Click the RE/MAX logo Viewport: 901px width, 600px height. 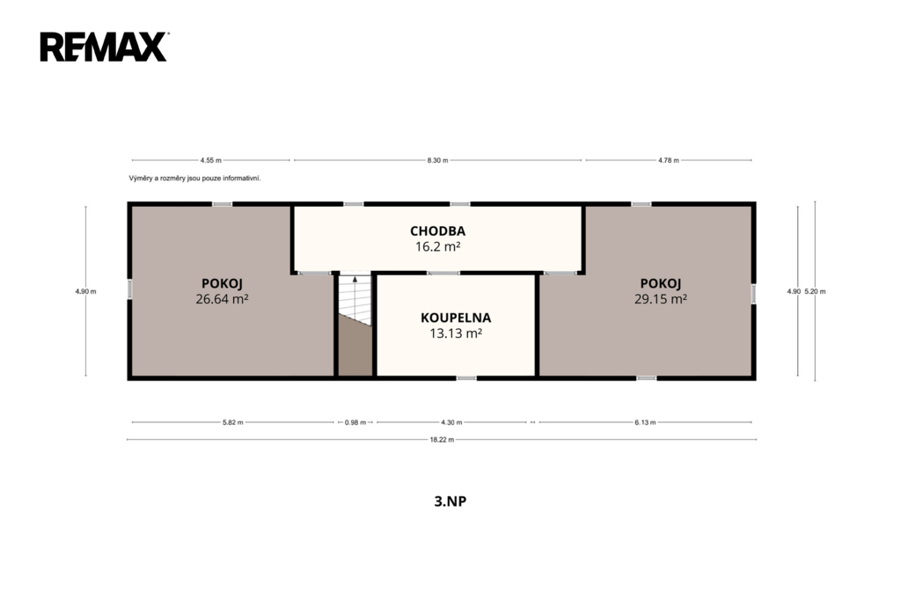coord(104,47)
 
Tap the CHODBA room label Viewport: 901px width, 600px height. coord(438,231)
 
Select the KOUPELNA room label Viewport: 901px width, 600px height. coord(456,318)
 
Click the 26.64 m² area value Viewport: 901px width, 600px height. coord(222,299)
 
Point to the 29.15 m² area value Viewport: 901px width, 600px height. coord(661,299)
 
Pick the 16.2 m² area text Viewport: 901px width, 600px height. coord(438,246)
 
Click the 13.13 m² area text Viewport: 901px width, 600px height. coord(456,333)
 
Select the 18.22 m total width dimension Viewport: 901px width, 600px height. coord(442,440)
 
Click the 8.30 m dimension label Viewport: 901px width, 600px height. coord(437,160)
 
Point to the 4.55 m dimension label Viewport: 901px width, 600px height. coord(211,160)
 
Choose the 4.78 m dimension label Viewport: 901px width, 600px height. coord(669,160)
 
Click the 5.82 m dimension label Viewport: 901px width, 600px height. coord(232,422)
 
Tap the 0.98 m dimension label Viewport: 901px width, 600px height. coord(355,422)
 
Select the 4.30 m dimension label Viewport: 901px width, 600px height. coord(451,422)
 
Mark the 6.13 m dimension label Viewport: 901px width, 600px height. coord(645,422)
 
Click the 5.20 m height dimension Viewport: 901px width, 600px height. coord(815,291)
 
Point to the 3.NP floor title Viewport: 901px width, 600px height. coord(450,501)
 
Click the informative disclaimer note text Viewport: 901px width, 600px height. coord(194,179)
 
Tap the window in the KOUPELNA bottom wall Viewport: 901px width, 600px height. coord(466,378)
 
